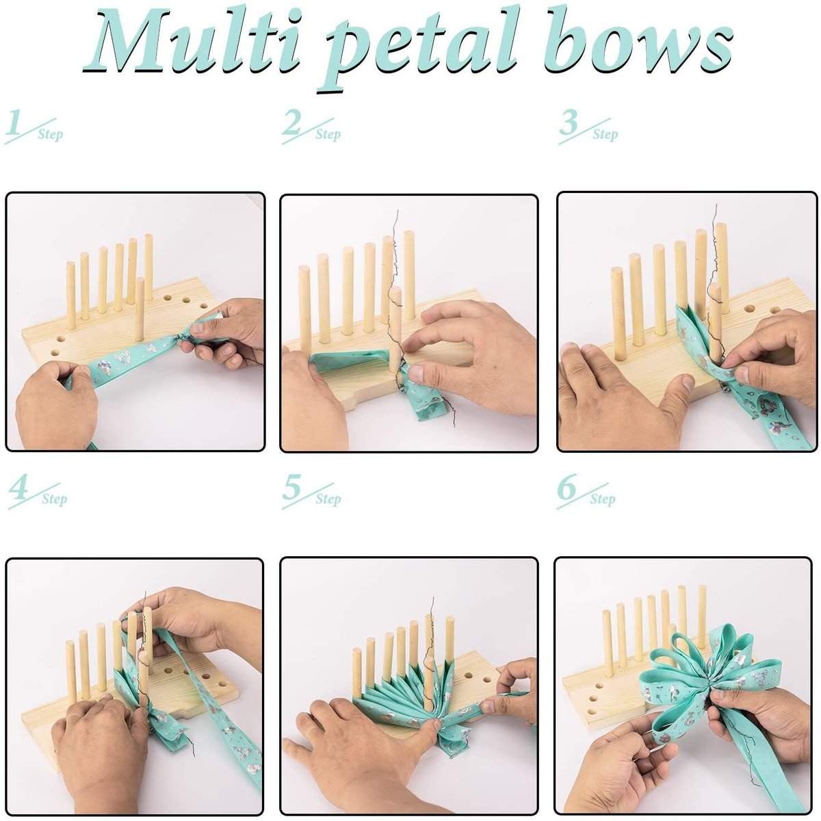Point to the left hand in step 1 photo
coord(55,410)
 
